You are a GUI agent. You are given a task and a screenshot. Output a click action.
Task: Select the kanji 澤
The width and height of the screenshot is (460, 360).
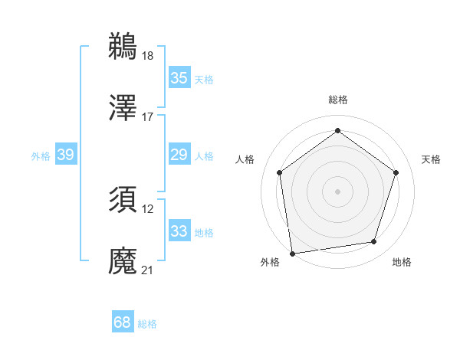point(123,108)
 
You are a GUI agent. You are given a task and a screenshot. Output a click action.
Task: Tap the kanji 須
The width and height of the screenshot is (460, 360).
point(123,200)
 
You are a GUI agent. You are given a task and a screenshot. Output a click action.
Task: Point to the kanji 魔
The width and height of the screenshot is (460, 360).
point(123,261)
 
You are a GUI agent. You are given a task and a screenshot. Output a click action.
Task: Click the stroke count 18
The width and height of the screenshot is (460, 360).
point(148,55)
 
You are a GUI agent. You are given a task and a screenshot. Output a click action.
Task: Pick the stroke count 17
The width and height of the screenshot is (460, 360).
point(148,117)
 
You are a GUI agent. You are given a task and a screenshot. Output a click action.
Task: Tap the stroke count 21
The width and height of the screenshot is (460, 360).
point(148,270)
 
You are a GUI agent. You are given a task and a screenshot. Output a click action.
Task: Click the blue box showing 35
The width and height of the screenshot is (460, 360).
point(179,78)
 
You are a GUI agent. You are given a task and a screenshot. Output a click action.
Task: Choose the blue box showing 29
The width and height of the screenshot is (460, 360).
point(179,155)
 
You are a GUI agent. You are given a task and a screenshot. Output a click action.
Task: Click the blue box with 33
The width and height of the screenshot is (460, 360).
point(179,231)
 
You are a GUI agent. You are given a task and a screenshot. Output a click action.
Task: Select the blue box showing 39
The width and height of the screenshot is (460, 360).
point(65,155)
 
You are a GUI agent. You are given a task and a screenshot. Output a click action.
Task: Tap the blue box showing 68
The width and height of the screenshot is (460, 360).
point(123,323)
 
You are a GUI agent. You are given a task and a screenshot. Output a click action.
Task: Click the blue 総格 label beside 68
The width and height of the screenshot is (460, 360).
point(147,324)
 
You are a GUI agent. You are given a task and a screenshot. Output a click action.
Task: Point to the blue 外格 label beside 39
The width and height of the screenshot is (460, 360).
point(41,155)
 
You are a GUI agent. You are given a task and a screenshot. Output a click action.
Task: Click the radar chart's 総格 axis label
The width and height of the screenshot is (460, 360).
point(337,100)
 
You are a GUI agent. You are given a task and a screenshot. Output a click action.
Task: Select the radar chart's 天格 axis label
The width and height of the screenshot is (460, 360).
point(431,159)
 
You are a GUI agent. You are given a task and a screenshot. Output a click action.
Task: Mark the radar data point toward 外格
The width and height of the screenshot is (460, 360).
point(292,252)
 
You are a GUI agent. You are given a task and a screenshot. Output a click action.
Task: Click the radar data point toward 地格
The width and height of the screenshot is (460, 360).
point(373,242)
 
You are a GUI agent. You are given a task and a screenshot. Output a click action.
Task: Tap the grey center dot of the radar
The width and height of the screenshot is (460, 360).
point(337,191)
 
